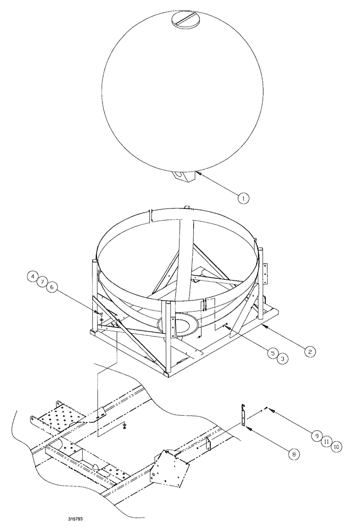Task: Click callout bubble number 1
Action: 243,198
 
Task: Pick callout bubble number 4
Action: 33,276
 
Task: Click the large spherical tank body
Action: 179,95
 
